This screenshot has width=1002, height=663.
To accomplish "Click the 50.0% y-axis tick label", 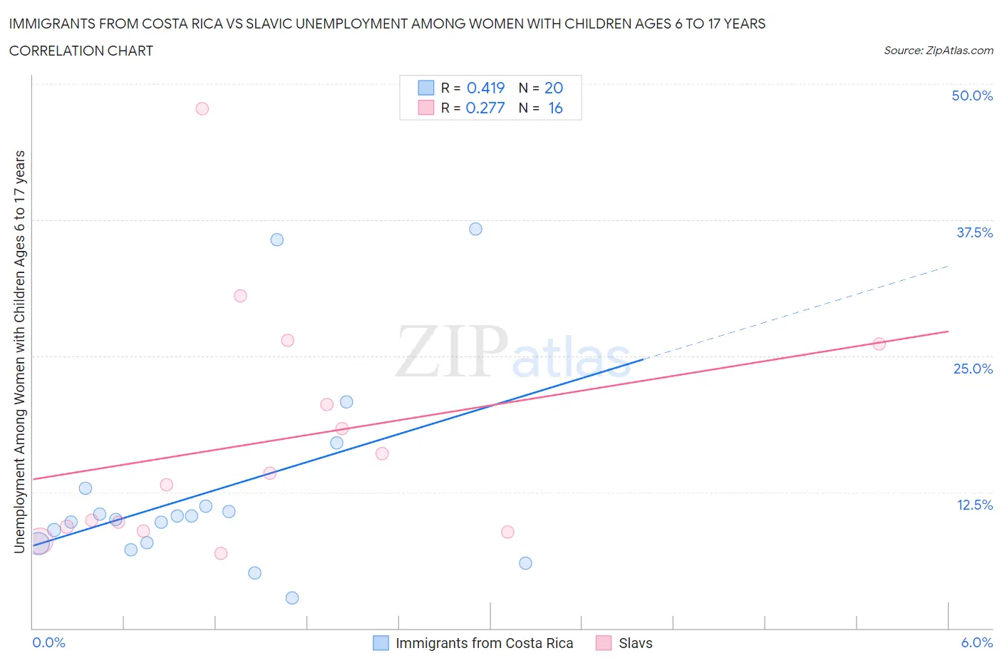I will pyautogui.click(x=972, y=96).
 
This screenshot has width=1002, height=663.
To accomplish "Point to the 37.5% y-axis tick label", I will pyautogui.click(x=974, y=232).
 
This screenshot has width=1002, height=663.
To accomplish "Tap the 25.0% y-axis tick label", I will pyautogui.click(x=973, y=369).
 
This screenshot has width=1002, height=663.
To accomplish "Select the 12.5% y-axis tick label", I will pyautogui.click(x=974, y=505).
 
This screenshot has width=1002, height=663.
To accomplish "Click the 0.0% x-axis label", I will pyautogui.click(x=48, y=642).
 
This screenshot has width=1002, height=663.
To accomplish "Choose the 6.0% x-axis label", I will pyautogui.click(x=976, y=642).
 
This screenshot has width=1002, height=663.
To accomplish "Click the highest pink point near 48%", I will pyautogui.click(x=202, y=108).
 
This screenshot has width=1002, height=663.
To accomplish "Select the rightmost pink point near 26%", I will pyautogui.click(x=879, y=344).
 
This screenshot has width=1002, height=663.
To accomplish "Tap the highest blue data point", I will pyautogui.click(x=475, y=229).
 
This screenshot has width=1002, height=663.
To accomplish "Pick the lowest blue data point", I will pyautogui.click(x=292, y=597).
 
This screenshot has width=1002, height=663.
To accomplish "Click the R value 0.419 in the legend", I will pyautogui.click(x=485, y=88).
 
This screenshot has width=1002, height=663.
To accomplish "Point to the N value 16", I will pyautogui.click(x=555, y=108).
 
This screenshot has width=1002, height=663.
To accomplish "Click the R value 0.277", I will pyautogui.click(x=485, y=108).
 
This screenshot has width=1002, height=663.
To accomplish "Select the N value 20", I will pyautogui.click(x=554, y=88).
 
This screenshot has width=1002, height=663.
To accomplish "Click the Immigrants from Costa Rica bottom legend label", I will pyautogui.click(x=484, y=643).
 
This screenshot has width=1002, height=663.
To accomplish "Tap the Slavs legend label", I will pyautogui.click(x=635, y=643).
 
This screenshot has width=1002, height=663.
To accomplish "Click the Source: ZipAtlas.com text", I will pyautogui.click(x=938, y=51).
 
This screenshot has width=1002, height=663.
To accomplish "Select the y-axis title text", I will pyautogui.click(x=19, y=351).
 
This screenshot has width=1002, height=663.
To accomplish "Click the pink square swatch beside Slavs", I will pyautogui.click(x=604, y=643).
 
